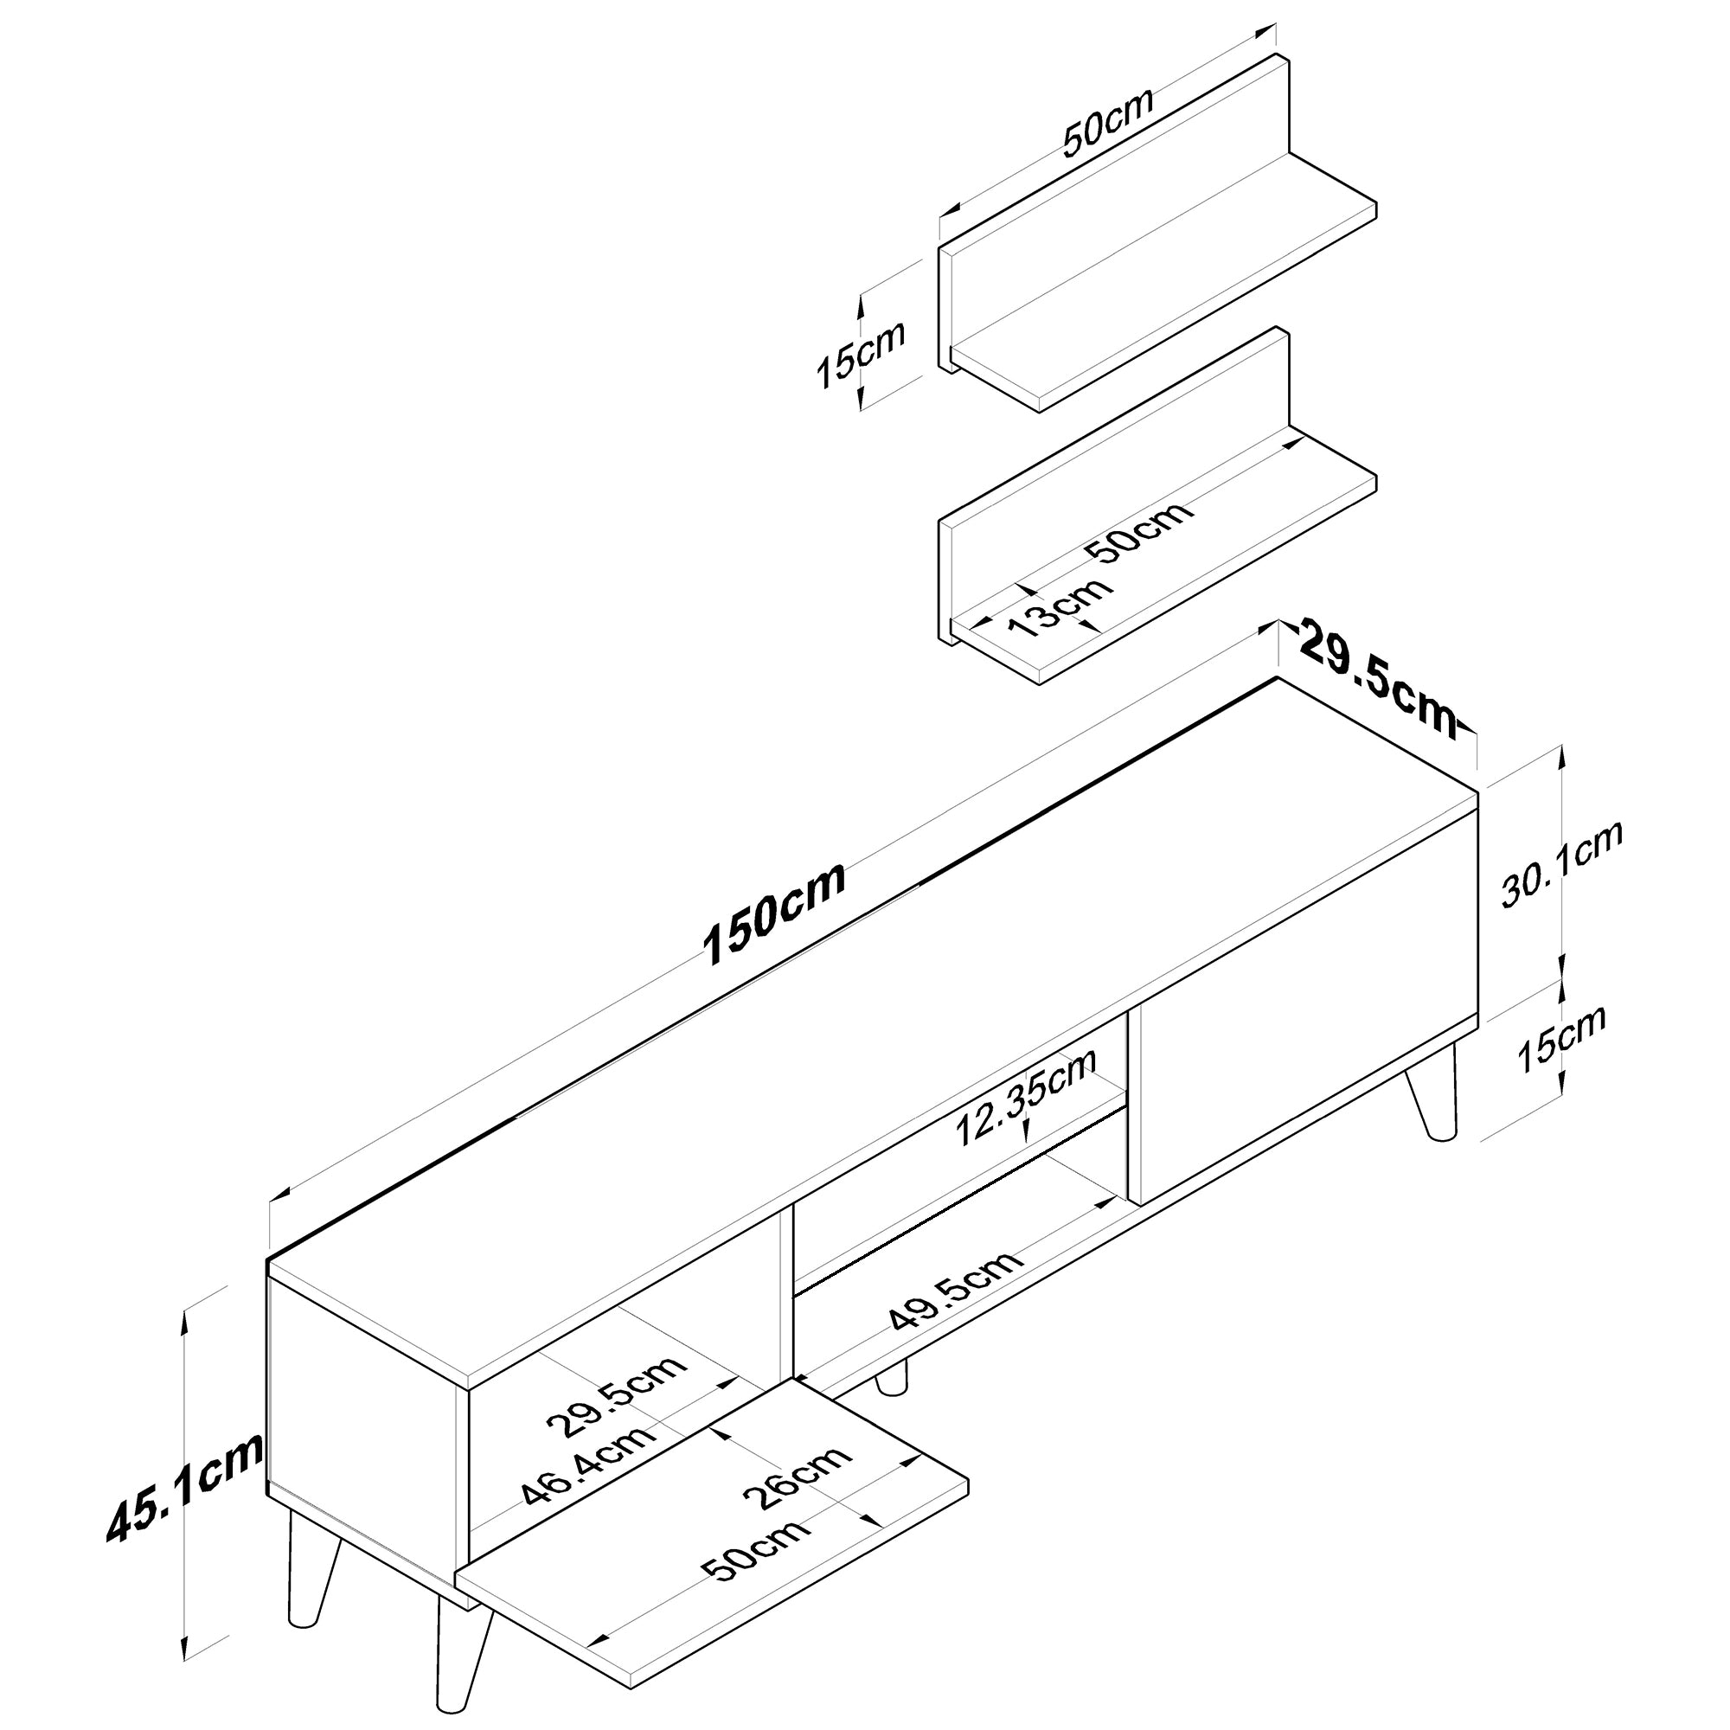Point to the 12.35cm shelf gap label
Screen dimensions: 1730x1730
click(x=1026, y=1097)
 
